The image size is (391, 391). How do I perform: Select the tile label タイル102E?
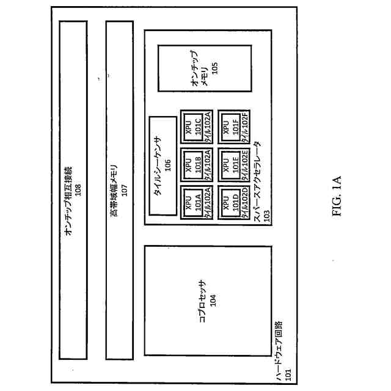245,164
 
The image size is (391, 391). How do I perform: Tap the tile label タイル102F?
245,126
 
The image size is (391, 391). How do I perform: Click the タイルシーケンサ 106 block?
162,165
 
